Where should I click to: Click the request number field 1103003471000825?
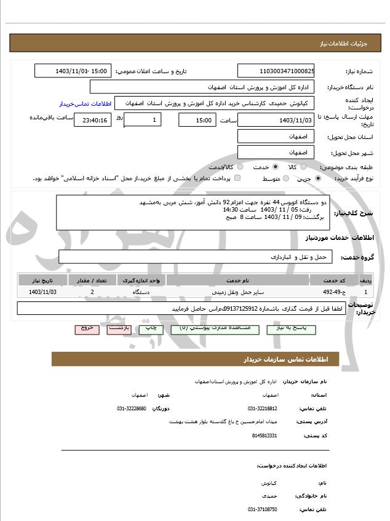276,71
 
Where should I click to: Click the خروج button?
86,329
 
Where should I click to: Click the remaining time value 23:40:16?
92,121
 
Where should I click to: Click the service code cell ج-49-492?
335,292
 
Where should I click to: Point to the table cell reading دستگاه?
141,292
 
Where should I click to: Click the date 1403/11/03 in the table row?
42,292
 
